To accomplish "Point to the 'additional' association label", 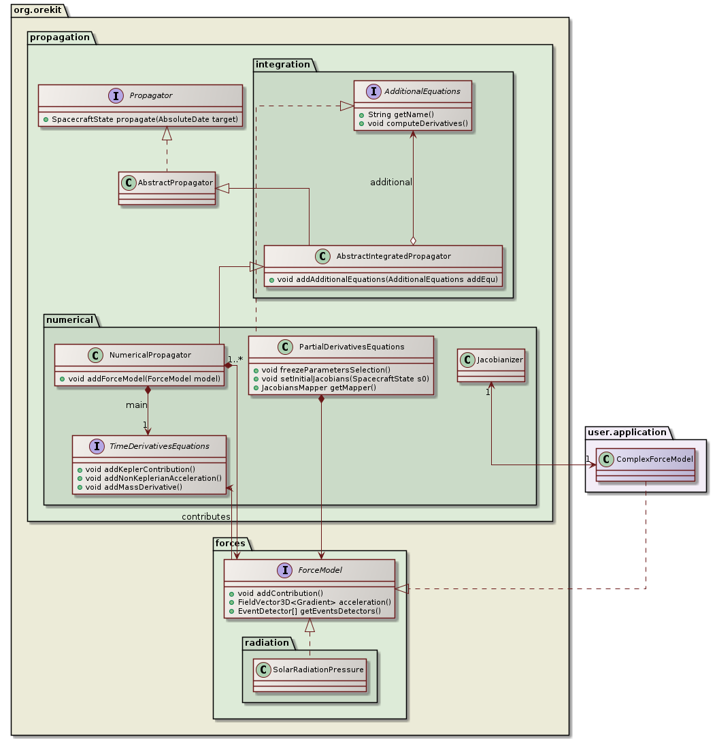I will pos(391,183).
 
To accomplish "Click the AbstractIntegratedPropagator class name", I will pos(393,256).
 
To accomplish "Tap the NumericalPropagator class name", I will pos(150,355).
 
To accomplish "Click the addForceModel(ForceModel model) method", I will pos(142,378).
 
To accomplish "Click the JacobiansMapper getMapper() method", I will pos(314,387).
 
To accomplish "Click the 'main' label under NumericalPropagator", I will pos(137,406).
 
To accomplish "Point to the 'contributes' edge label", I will pos(205,517).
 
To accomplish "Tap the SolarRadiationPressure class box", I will pos(310,674).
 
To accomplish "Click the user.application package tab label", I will pos(618,432).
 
